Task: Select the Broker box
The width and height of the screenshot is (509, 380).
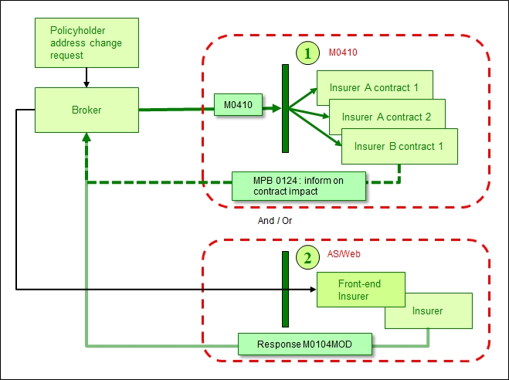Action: click(87, 110)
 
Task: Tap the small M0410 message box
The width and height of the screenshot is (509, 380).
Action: click(239, 104)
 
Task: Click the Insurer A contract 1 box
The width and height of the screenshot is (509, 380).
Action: click(374, 87)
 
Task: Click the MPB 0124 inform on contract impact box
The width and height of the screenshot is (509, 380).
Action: click(298, 185)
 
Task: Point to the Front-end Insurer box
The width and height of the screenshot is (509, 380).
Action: click(359, 290)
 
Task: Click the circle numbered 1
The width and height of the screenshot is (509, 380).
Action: click(307, 53)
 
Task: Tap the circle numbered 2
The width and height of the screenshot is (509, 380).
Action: click(307, 257)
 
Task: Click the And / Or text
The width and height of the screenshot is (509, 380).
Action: click(275, 220)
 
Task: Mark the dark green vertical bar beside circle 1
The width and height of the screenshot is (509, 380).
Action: click(285, 108)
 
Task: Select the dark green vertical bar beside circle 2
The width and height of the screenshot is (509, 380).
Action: click(285, 288)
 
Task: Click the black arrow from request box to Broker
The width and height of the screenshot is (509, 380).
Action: click(87, 76)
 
